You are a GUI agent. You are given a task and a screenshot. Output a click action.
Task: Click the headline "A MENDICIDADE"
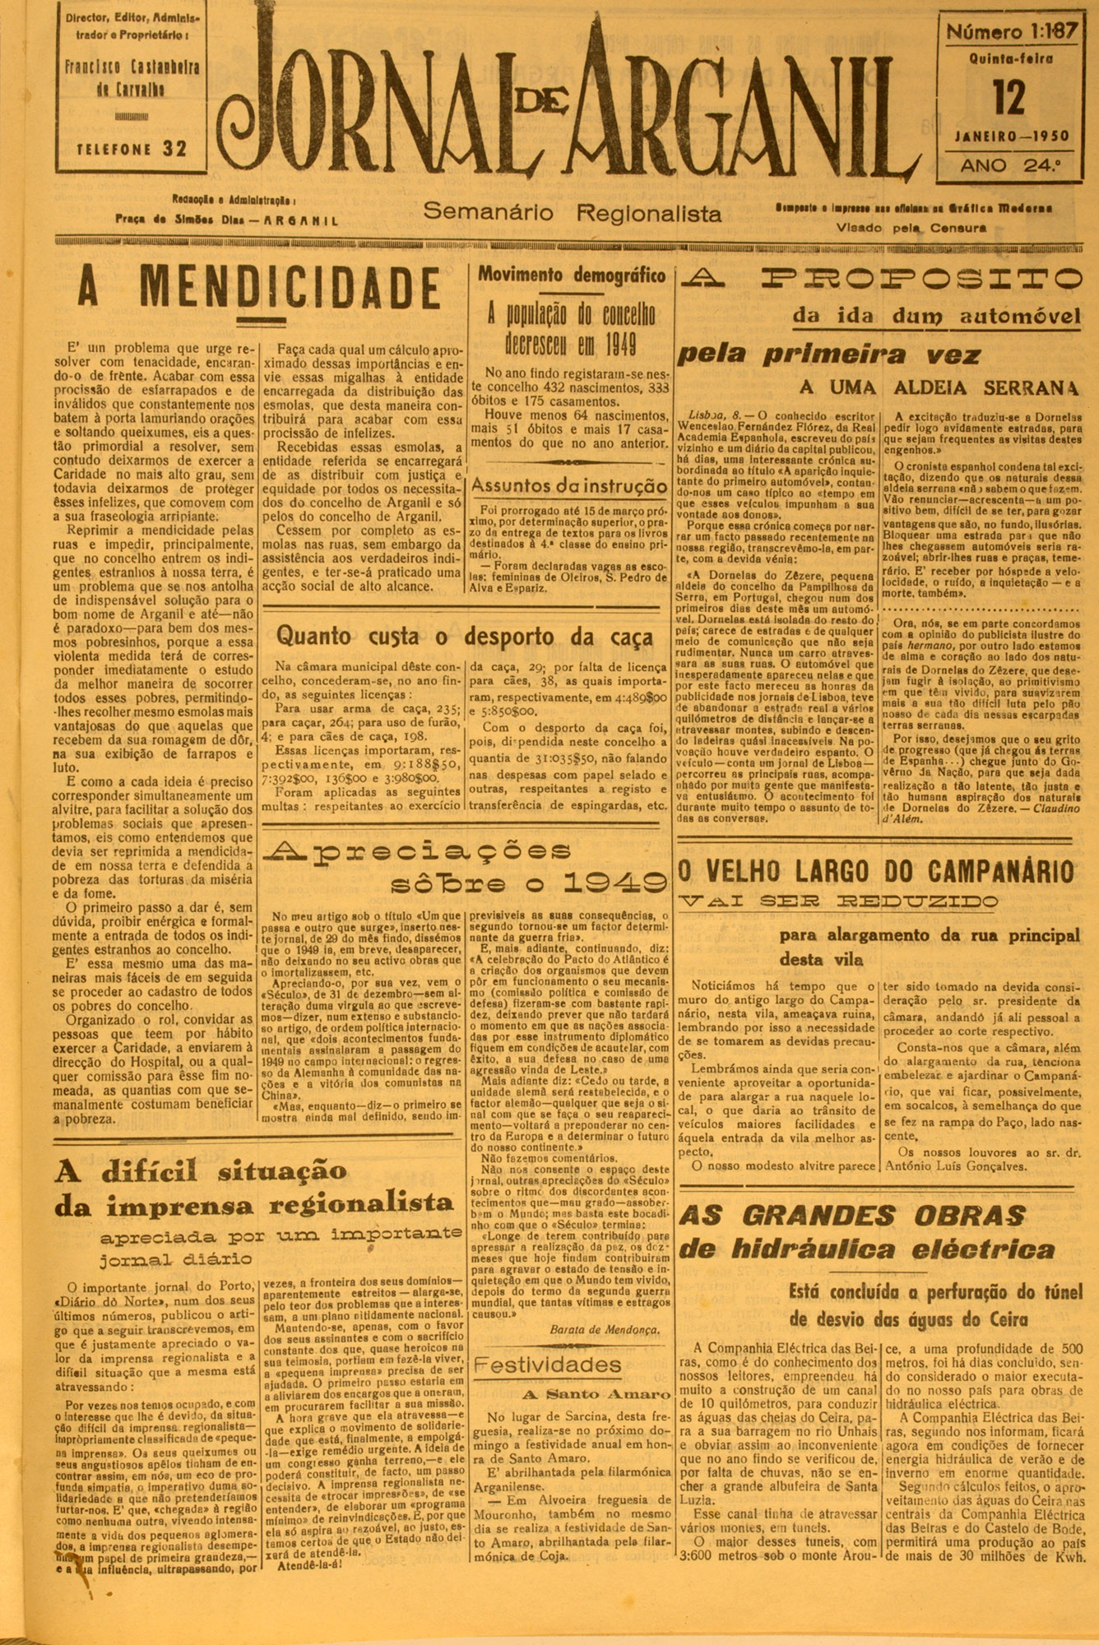[x=258, y=290]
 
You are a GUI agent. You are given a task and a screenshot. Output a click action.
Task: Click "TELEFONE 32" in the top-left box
[x=132, y=149]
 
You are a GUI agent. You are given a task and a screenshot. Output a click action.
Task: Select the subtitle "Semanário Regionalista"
[x=573, y=214]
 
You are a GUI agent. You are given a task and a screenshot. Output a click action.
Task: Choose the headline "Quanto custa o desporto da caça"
[x=465, y=636]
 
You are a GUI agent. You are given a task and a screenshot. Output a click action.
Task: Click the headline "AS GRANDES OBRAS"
[x=852, y=1215]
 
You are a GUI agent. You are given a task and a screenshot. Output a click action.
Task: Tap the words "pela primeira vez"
[x=828, y=354]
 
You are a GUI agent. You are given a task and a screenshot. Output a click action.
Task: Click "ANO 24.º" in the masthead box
[x=1009, y=165]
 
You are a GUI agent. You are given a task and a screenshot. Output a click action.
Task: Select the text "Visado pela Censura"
[x=911, y=228]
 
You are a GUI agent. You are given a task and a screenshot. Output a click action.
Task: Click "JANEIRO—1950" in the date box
[x=1013, y=137]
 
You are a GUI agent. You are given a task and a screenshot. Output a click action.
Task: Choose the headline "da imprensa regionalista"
[x=254, y=1204]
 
